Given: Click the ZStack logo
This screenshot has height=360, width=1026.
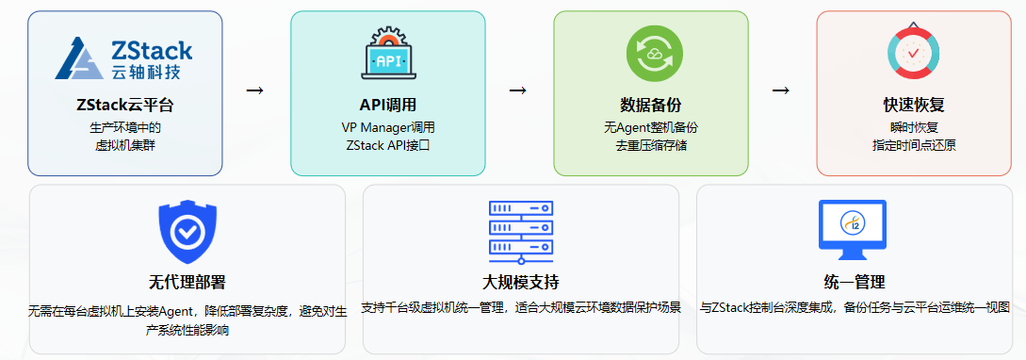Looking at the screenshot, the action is pyautogui.click(x=124, y=57).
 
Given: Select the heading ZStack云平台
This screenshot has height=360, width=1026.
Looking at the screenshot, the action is pyautogui.click(x=124, y=105).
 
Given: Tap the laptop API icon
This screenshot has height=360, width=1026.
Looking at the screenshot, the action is pyautogui.click(x=387, y=55).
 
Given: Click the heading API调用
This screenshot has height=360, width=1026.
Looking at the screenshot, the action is pyautogui.click(x=388, y=105).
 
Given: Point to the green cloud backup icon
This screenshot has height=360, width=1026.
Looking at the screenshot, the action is pyautogui.click(x=650, y=55).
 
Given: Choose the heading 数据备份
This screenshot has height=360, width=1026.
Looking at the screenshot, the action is pyautogui.click(x=650, y=105).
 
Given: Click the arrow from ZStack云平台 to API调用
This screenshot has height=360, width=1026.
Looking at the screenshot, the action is pyautogui.click(x=254, y=90).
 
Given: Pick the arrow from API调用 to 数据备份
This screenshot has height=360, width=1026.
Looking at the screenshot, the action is pyautogui.click(x=517, y=90).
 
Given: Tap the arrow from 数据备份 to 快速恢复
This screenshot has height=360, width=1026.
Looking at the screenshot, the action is pyautogui.click(x=780, y=90).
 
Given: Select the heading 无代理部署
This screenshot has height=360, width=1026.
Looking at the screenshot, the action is pyautogui.click(x=187, y=283).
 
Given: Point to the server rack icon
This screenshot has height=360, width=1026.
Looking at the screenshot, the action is pyautogui.click(x=520, y=232).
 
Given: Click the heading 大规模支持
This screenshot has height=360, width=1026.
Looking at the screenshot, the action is pyautogui.click(x=520, y=283).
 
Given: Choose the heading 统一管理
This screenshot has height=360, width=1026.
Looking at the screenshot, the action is pyautogui.click(x=854, y=283).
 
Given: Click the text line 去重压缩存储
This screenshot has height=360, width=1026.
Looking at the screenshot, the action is pyautogui.click(x=650, y=145).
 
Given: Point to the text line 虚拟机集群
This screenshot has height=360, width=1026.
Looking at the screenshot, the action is pyautogui.click(x=124, y=145).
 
